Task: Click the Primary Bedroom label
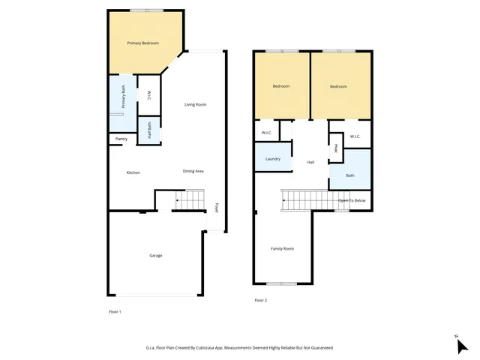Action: coord(142,43)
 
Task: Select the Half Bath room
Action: coord(149,132)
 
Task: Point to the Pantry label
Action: coord(121,139)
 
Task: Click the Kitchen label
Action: coord(133,172)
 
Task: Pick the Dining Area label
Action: coord(193,171)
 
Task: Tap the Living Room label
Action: coord(196,104)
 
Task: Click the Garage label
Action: coord(155,256)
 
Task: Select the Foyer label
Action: coord(217,208)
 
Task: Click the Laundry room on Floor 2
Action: coord(272,159)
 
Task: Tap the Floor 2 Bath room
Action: coord(350,175)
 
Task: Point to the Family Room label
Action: coord(282,248)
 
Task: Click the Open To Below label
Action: coord(352,201)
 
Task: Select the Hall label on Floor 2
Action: coord(310,162)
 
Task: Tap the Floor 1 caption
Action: coord(115,311)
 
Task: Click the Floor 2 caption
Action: coord(260,300)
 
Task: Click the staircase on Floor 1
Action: coord(190,200)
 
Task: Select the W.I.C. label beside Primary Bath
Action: coord(148,95)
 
